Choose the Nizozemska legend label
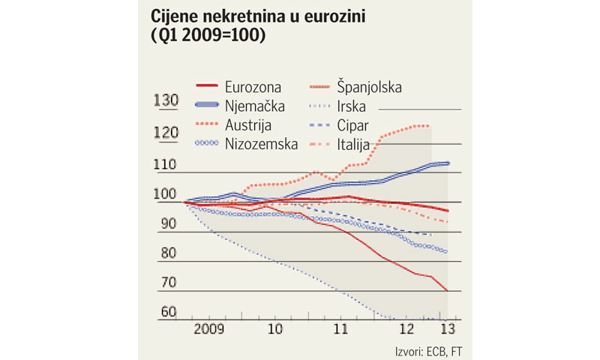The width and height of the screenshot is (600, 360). pyautogui.click(x=261, y=142)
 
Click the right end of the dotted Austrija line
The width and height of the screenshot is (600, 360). pyautogui.click(x=429, y=126)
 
